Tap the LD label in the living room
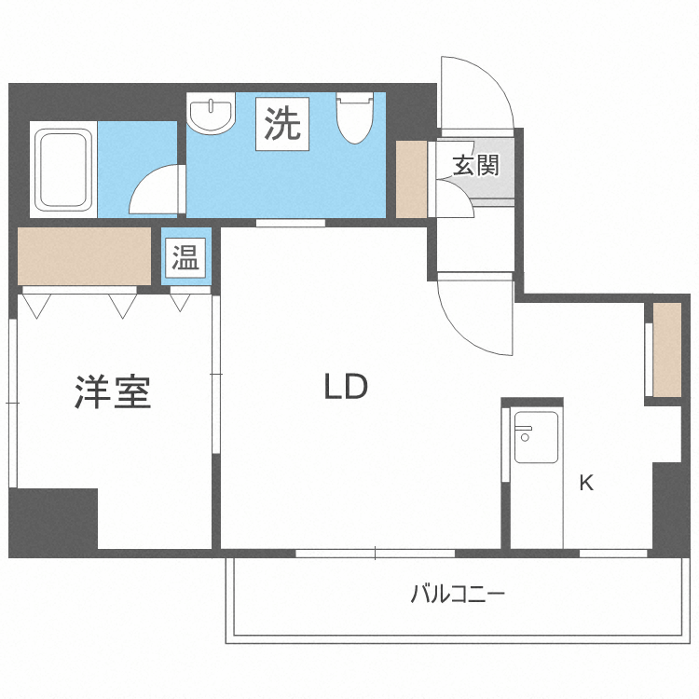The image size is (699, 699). (346, 387)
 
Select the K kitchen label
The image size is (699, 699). (586, 483)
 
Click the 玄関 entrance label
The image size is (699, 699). (476, 166)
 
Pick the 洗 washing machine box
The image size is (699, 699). (283, 125)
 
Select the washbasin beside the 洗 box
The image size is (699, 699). (212, 115)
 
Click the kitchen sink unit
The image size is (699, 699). (536, 437)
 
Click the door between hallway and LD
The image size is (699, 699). (475, 313)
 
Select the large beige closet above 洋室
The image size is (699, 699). (84, 255)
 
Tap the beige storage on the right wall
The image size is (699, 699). (667, 349)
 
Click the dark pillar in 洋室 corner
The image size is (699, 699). (54, 518)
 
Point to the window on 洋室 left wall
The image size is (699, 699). (12, 403)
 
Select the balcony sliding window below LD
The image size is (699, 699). (375, 554)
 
